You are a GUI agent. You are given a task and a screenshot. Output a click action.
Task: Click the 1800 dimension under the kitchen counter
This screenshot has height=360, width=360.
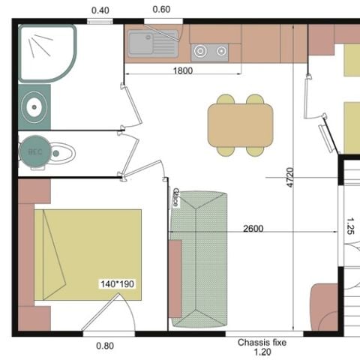tap(182, 71)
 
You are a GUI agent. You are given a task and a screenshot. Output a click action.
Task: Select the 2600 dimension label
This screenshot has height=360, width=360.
tap(253, 229)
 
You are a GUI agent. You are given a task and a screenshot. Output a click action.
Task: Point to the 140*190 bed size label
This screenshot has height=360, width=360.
tap(117, 284)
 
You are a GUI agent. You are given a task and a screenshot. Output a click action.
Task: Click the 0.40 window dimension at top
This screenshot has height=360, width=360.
tap(99, 10)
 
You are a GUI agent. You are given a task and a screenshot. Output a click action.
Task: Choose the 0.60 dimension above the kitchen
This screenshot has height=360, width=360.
tap(161, 10)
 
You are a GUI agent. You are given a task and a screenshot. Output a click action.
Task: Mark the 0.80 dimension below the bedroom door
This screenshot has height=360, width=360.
tap(106, 346)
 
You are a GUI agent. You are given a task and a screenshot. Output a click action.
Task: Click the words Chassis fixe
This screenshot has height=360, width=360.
tap(262, 343)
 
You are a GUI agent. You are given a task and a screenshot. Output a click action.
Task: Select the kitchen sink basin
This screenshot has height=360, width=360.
tap(153, 43)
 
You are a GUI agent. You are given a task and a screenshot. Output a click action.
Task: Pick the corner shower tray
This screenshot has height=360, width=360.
tap(46, 52)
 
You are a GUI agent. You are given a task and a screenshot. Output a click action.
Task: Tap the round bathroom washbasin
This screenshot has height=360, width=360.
tap(34, 107)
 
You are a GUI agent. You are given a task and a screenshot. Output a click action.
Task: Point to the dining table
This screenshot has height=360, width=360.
tap(240, 125)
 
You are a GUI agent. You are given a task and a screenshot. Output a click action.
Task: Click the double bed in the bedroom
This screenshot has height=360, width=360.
tap(88, 255)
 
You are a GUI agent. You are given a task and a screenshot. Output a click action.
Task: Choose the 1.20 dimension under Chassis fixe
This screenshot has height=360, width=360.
tap(262, 352)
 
